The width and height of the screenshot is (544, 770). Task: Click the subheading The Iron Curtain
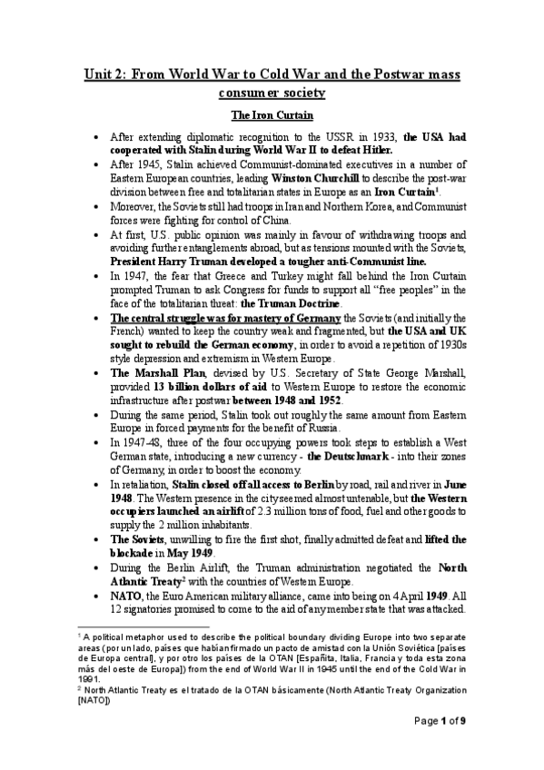272,115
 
